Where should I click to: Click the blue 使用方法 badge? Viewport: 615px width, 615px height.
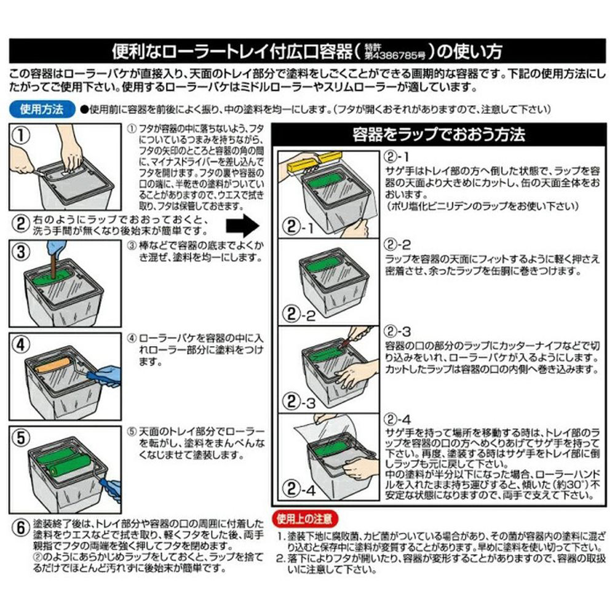[x=42, y=109]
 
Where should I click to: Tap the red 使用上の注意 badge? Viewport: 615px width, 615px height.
[x=305, y=519]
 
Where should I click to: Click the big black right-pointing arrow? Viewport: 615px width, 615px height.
[x=243, y=226]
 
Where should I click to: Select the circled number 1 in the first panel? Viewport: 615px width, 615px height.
[x=21, y=135]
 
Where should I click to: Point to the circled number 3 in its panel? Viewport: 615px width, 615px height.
[x=21, y=252]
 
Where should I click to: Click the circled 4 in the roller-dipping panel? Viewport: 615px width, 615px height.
[x=21, y=345]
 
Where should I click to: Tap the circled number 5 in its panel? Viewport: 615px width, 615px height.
[x=21, y=438]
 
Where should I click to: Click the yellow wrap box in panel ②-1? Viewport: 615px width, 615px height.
[x=314, y=162]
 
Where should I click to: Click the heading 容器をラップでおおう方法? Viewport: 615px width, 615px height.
[x=438, y=134]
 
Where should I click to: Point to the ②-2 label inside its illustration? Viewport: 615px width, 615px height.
[x=300, y=314]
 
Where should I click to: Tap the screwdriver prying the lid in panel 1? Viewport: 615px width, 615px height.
[x=38, y=172]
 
